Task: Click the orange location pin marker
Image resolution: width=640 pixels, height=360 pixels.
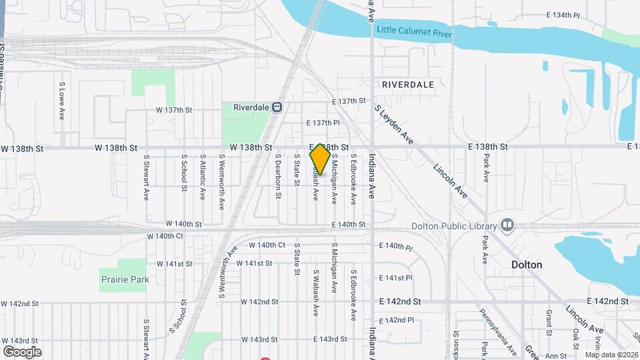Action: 320,159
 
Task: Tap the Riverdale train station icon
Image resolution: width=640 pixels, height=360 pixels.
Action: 277,107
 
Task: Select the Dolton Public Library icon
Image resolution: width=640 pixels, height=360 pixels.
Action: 507,224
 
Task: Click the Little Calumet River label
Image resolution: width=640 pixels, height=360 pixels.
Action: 414,31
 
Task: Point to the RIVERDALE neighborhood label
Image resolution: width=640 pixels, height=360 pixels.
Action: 408,85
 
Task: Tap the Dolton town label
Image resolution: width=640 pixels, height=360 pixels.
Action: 527,265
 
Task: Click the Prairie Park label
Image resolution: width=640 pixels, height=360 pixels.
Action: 125,279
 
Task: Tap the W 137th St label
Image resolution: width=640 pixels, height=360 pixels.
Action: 174,109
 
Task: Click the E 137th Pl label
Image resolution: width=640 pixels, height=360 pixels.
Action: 323,123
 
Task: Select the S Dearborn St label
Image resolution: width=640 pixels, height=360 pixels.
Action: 279,177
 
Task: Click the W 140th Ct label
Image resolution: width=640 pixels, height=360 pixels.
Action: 267,245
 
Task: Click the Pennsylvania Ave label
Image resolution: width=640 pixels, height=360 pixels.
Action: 498,331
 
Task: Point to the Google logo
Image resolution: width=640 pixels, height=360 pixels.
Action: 22,351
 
